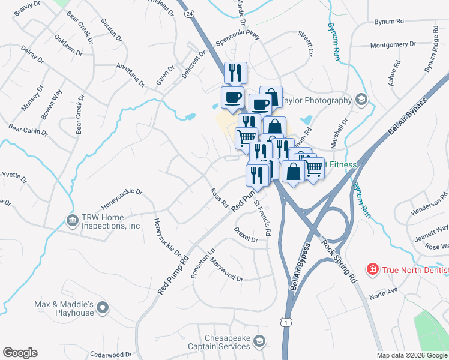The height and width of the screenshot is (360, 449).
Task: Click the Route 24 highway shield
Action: pyautogui.click(x=190, y=13)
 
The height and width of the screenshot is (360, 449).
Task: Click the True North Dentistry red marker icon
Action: pyautogui.click(x=373, y=269)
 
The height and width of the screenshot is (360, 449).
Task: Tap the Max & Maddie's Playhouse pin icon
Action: pyautogui.click(x=103, y=308)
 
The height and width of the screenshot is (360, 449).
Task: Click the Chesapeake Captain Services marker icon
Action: pyautogui.click(x=259, y=341)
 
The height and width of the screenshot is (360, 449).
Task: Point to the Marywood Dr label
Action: pyautogui.click(x=224, y=271)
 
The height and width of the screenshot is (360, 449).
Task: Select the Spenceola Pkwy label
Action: pyautogui.click(x=241, y=36)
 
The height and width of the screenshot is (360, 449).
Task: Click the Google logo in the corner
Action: pyautogui.click(x=20, y=353)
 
